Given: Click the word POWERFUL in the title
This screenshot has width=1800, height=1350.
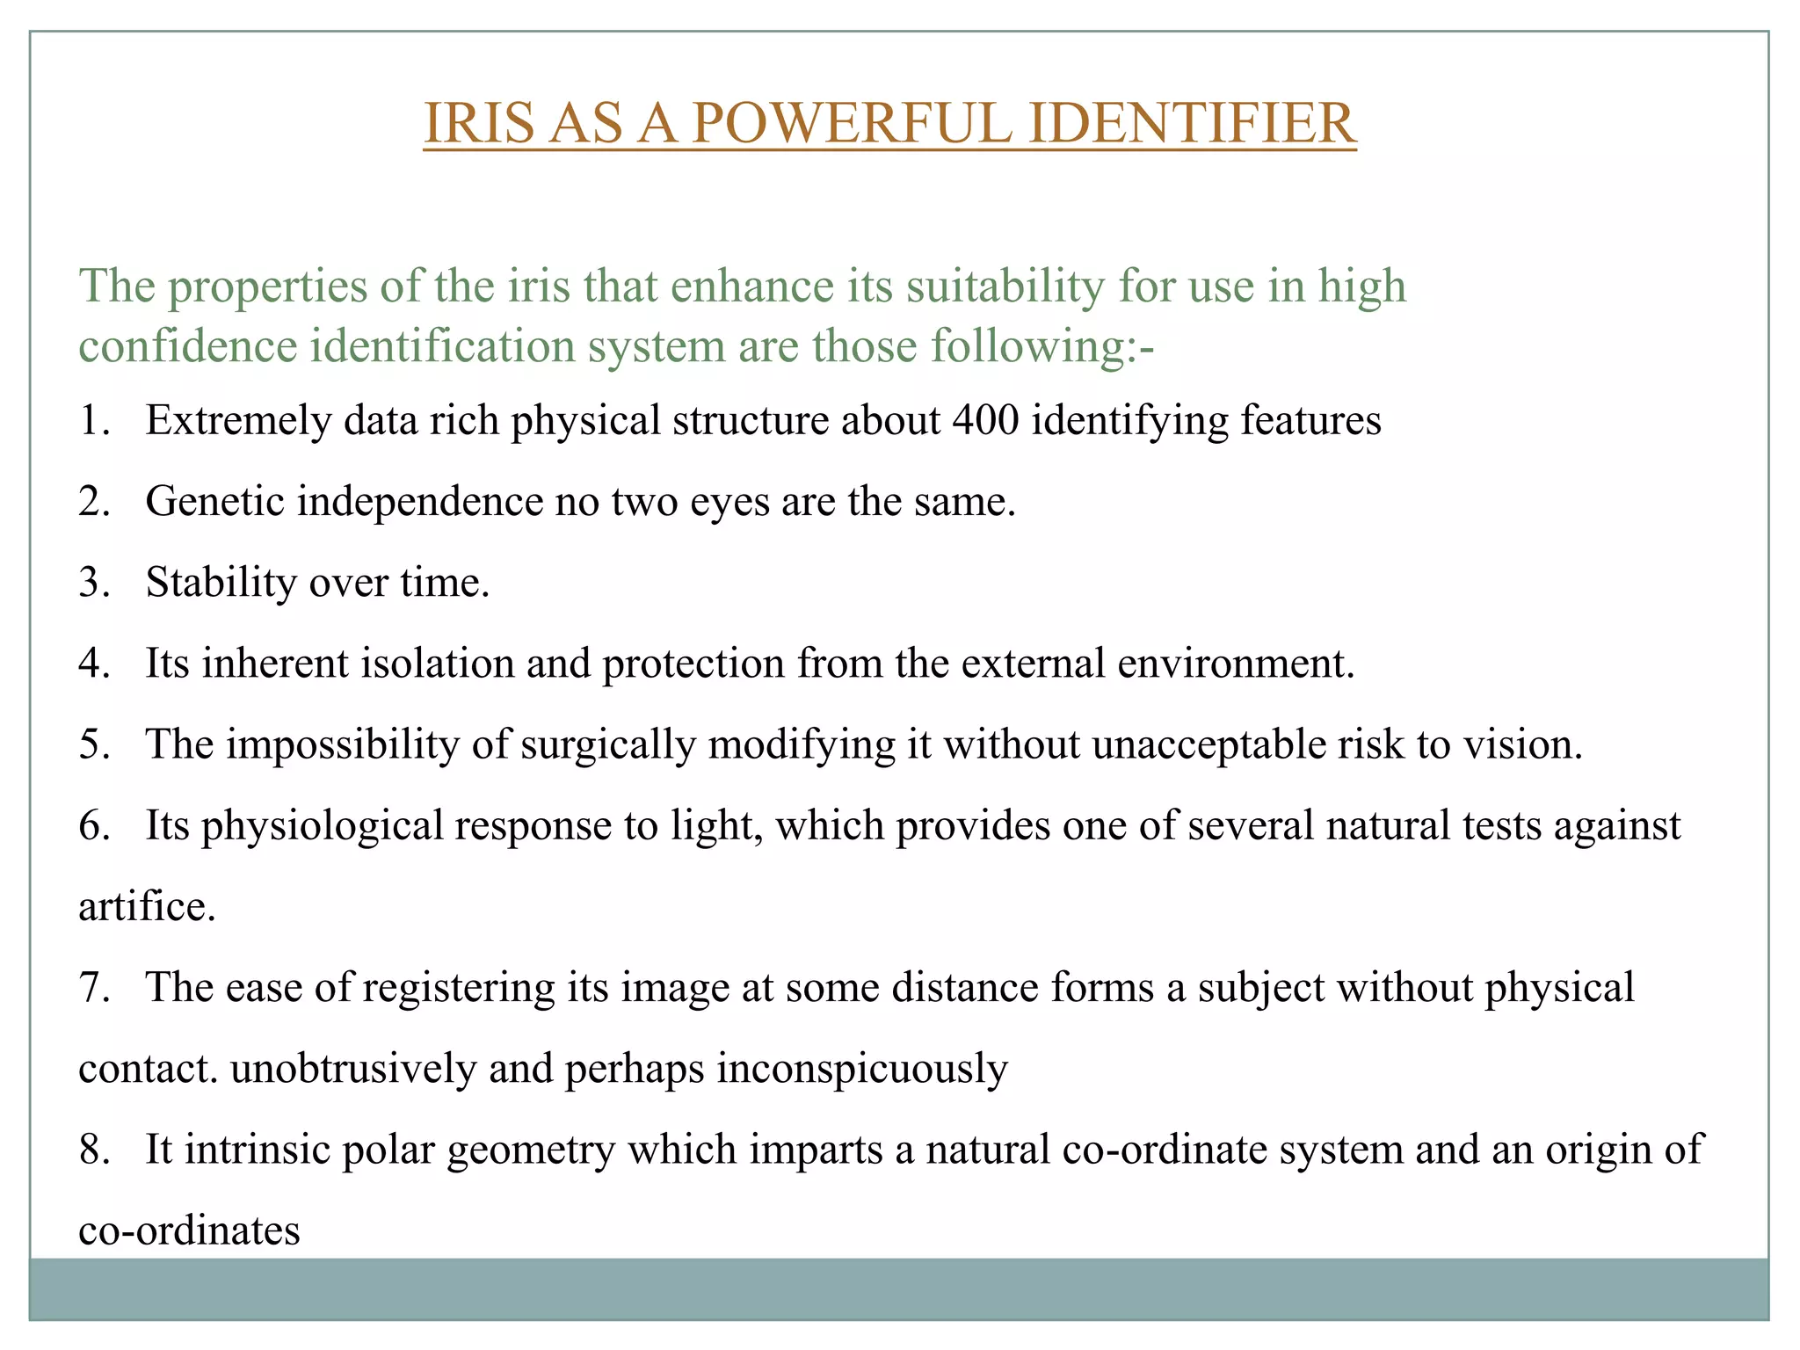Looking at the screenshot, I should click(852, 123).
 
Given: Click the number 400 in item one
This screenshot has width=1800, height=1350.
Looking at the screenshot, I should click(985, 420).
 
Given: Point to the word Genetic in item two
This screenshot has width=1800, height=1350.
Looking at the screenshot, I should click(214, 502).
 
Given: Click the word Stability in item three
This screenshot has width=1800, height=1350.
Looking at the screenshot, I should click(221, 582).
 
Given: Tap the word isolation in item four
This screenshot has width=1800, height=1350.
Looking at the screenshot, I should click(438, 663).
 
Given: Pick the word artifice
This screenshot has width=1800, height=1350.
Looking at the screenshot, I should click(147, 906).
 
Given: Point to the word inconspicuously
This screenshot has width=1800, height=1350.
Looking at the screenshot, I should click(862, 1069).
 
